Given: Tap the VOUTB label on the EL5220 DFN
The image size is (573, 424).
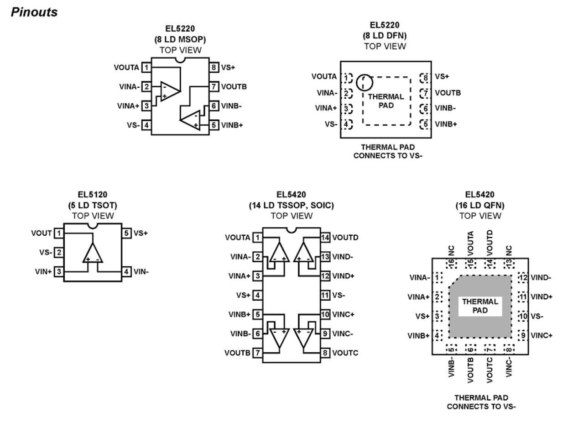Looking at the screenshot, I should pos(448,93).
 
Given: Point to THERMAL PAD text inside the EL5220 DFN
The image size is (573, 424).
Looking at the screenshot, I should pos(386,101).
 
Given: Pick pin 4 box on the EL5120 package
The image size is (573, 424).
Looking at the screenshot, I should pos(126,272).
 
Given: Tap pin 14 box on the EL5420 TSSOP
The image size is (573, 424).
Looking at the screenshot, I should pos(325,237).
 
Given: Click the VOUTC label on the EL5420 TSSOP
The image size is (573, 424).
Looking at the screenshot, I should pos(345,353).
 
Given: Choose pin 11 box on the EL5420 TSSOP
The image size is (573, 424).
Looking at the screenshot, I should pos(325,295).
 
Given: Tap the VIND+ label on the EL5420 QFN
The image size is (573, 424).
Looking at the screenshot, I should pos(542,297).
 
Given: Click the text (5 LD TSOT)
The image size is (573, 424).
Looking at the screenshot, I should pos(93,206).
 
